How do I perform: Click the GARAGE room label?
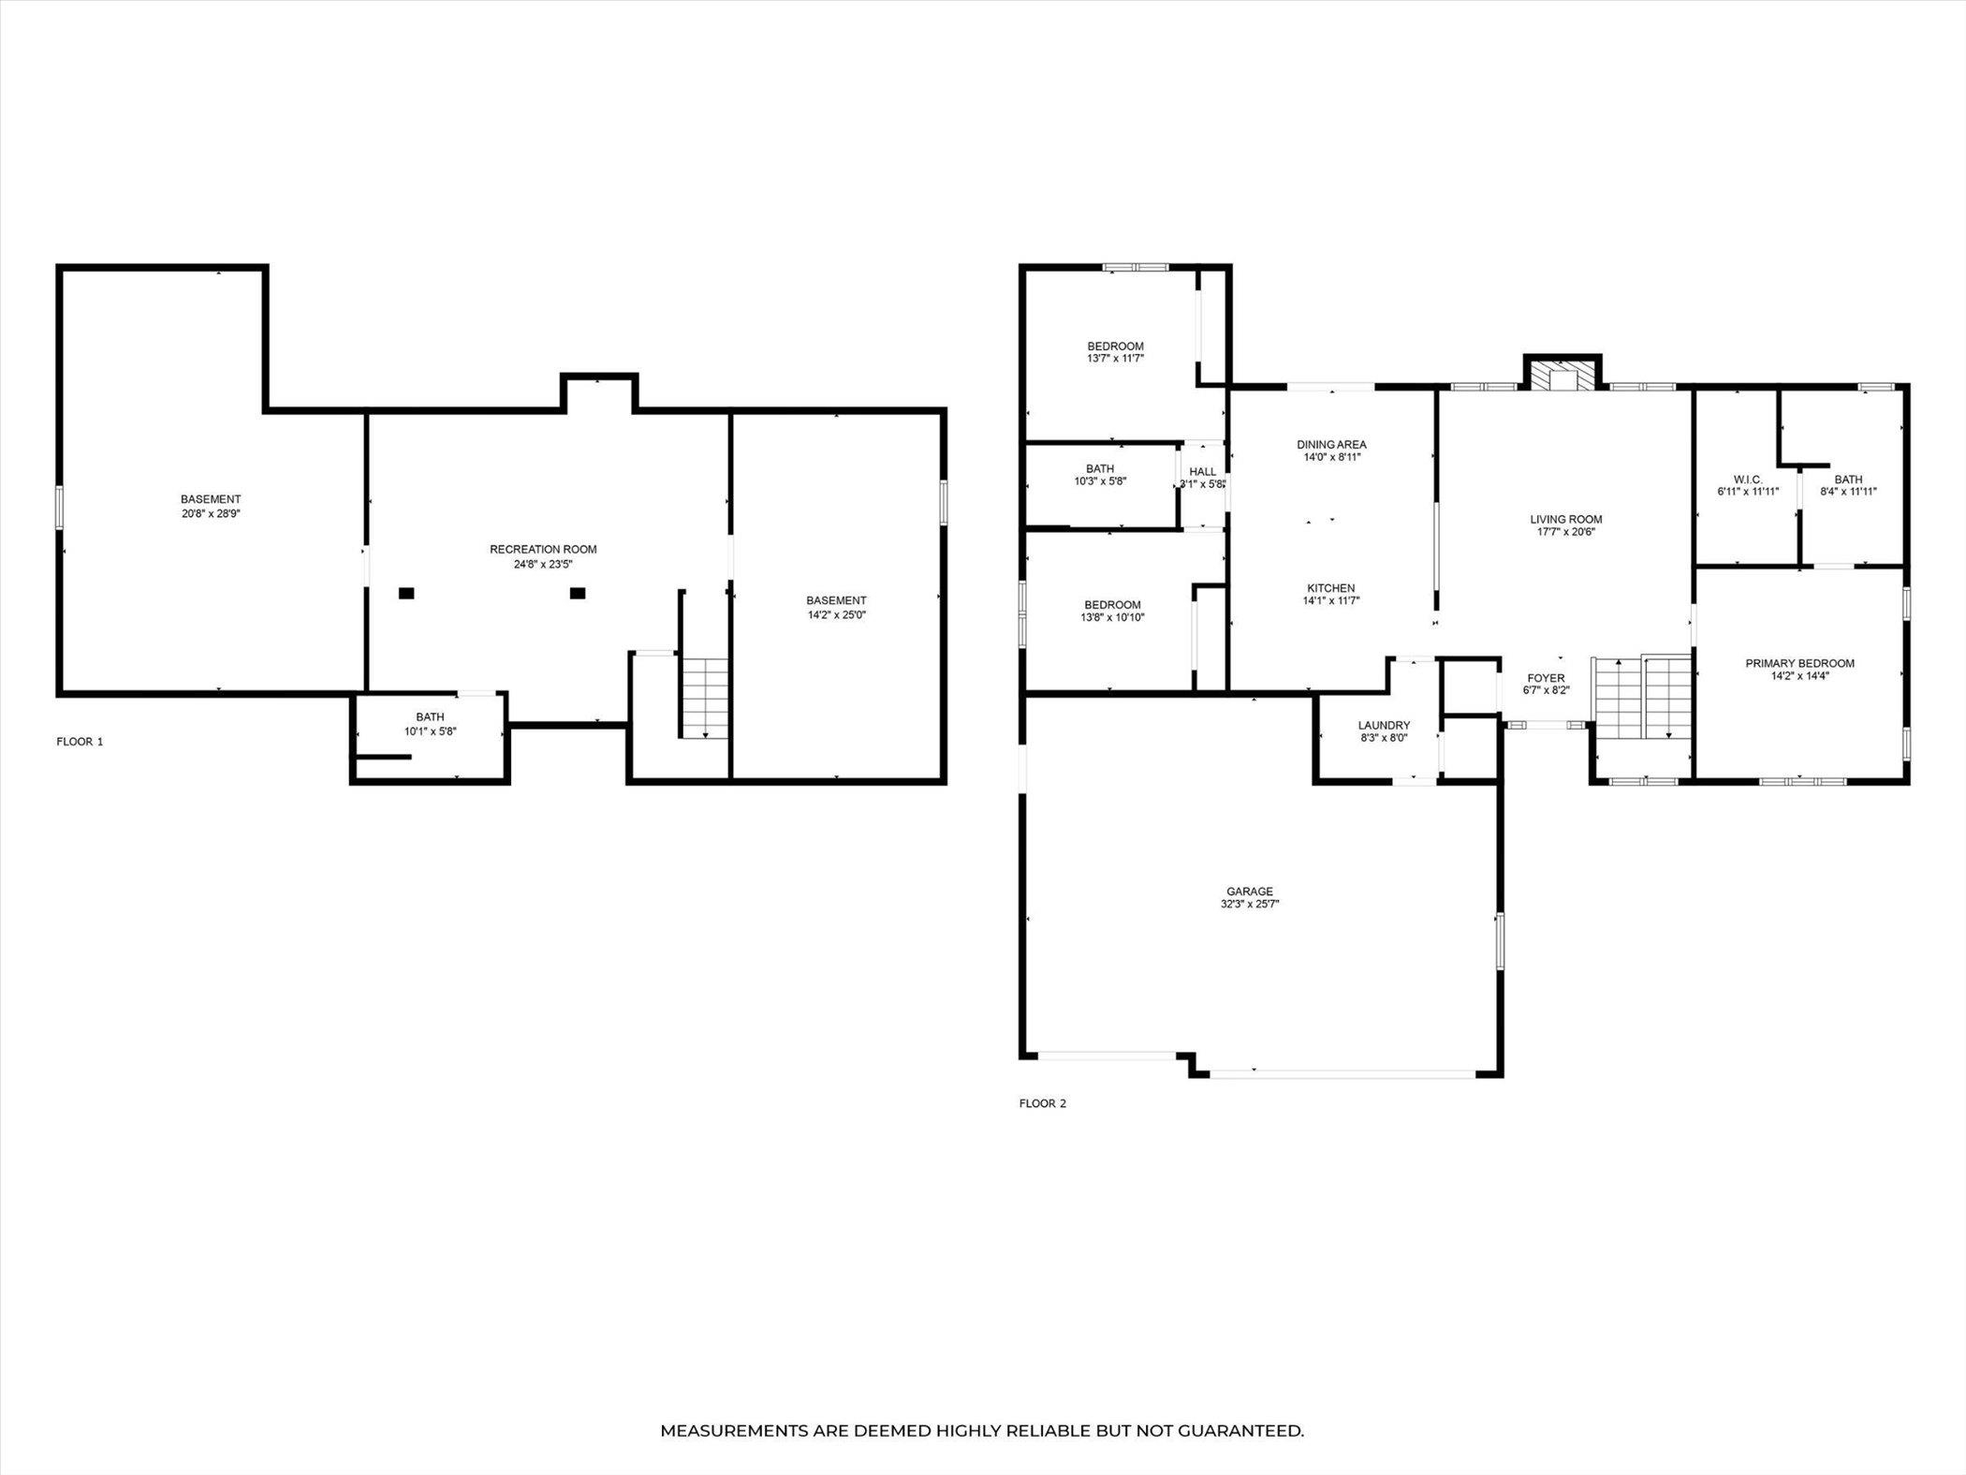[x=1250, y=892]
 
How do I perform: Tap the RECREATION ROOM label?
[x=543, y=550]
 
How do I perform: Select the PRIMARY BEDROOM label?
[x=1799, y=663]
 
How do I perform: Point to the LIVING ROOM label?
[x=1566, y=519]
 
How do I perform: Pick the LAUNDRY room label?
[x=1384, y=725]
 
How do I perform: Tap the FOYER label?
[x=1546, y=678]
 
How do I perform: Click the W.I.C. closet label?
[x=1747, y=479]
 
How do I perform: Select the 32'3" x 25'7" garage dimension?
[x=1250, y=905]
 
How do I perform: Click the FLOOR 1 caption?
[x=80, y=742]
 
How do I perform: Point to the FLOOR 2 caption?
[x=1043, y=1103]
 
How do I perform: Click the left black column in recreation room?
[x=406, y=593]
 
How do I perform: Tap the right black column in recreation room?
[x=578, y=593]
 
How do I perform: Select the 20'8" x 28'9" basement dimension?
[x=211, y=513]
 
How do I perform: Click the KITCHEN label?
[x=1331, y=588]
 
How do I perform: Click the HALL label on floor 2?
[x=1203, y=472]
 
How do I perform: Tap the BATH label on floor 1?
[x=430, y=717]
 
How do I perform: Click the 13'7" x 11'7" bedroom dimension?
[x=1115, y=359]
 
